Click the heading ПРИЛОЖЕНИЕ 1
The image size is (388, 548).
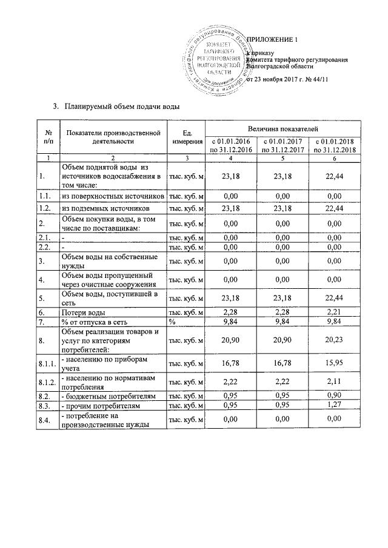pyautogui.click(x=278, y=41)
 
